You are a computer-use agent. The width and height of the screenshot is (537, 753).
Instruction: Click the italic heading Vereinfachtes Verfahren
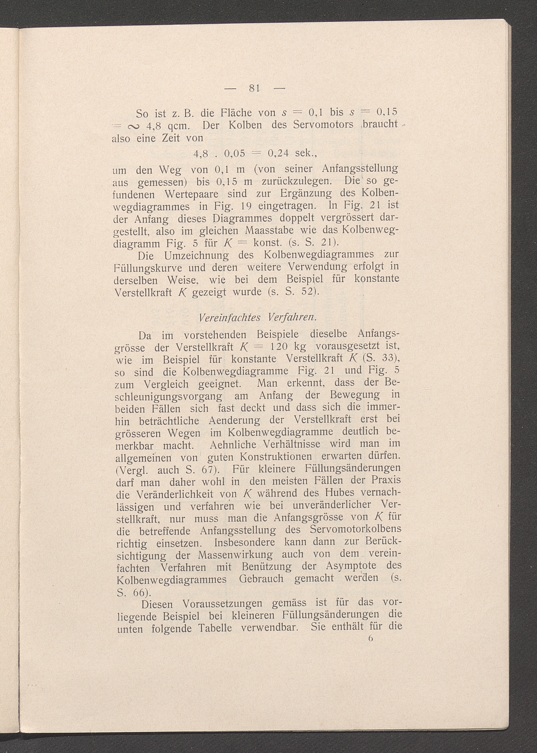(x=258, y=317)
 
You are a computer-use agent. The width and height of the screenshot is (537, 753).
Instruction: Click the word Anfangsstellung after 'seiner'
(x=360, y=169)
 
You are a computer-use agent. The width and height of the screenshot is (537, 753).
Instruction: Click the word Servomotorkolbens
(x=356, y=528)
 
